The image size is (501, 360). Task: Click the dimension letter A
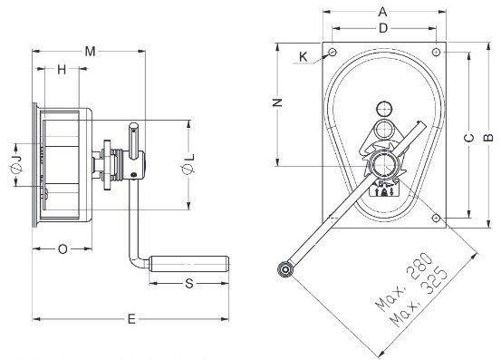(382, 12)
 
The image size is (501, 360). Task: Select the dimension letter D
(383, 28)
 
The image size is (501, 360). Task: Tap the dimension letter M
(90, 51)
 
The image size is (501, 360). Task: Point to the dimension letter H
(62, 69)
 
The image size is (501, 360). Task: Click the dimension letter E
(131, 319)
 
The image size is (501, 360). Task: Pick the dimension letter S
(189, 283)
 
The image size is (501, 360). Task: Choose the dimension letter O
(63, 248)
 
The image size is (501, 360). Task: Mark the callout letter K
(303, 57)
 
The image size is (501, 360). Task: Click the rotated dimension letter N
(277, 102)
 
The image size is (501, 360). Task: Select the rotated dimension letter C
(469, 138)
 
